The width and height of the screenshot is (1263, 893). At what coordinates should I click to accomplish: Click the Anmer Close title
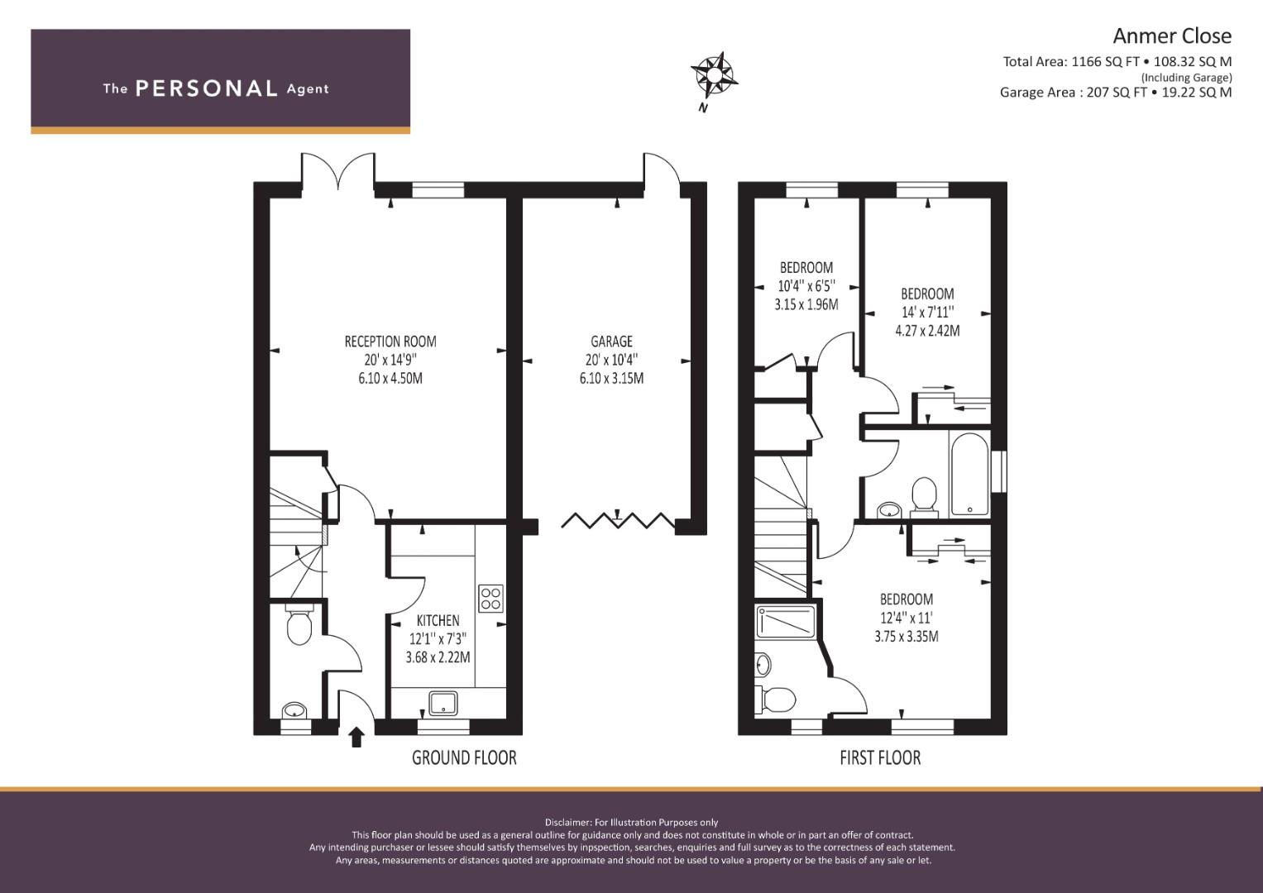click(x=1171, y=36)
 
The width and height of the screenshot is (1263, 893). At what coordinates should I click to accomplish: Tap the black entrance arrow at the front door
click(x=356, y=736)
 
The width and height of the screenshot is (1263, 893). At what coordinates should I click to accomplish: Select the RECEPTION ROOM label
click(x=390, y=341)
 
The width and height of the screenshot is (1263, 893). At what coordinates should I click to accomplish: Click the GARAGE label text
click(x=611, y=341)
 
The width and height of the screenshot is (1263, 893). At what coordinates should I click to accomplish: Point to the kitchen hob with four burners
click(x=490, y=598)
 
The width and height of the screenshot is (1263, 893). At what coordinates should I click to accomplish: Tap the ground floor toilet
click(x=298, y=626)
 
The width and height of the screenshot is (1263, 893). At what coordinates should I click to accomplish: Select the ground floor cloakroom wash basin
click(x=294, y=711)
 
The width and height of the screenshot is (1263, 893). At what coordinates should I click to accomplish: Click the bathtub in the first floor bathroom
click(x=969, y=472)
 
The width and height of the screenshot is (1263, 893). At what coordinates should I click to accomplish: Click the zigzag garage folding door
click(x=618, y=520)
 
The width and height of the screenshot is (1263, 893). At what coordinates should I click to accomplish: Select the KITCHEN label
click(x=438, y=620)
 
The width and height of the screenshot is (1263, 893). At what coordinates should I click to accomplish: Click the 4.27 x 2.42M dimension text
click(x=927, y=331)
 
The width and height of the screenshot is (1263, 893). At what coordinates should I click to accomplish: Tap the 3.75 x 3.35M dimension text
click(x=906, y=637)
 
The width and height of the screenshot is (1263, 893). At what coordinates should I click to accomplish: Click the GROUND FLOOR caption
click(x=464, y=757)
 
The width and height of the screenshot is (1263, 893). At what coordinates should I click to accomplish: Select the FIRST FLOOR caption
click(x=879, y=757)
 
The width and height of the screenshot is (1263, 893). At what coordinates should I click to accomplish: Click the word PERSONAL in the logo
click(x=206, y=88)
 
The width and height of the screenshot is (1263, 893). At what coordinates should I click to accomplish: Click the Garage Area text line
click(x=1115, y=93)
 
